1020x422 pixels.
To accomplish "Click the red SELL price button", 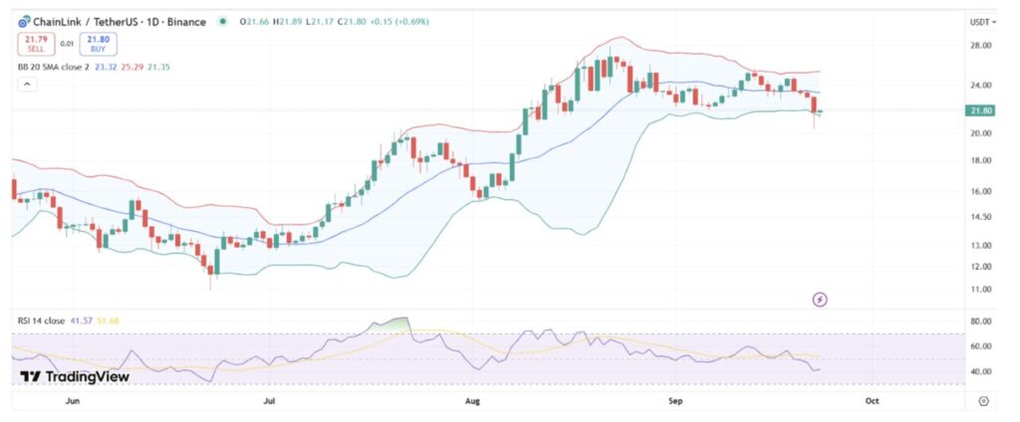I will (x=36, y=43).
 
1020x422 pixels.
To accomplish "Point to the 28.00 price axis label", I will (x=980, y=46).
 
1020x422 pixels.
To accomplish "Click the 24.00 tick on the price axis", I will (x=980, y=85).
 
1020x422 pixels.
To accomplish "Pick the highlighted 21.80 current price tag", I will (x=980, y=110).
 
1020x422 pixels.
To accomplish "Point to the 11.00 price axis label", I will (x=980, y=290).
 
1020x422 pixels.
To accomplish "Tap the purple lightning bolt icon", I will (x=820, y=299).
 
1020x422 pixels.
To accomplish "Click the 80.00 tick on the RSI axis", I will (x=980, y=321).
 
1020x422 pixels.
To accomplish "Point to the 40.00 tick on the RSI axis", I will (x=980, y=371).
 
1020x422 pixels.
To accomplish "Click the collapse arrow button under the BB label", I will (x=27, y=85).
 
